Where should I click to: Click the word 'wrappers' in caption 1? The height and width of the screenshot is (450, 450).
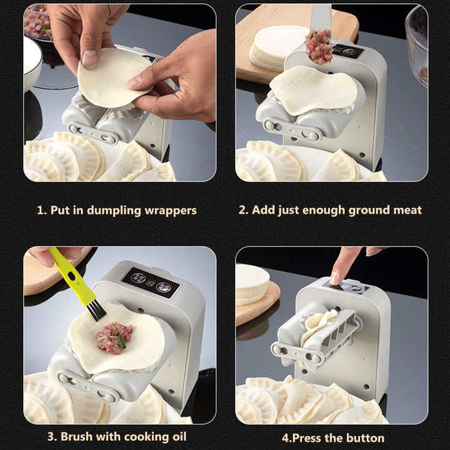(171, 211)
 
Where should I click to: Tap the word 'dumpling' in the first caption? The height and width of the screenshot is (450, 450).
(114, 211)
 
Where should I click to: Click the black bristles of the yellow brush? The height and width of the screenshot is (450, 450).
(96, 311)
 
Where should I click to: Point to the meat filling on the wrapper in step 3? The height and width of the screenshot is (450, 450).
(114, 337)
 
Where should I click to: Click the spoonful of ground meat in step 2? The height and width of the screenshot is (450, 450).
(318, 47)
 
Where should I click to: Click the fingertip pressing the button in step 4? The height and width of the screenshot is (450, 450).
(334, 279)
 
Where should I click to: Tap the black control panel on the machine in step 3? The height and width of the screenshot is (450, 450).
(151, 282)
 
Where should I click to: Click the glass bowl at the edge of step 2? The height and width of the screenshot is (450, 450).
(417, 46)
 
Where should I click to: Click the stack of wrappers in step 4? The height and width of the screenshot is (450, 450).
(252, 284)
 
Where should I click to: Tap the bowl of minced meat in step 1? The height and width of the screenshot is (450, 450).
(37, 22)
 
